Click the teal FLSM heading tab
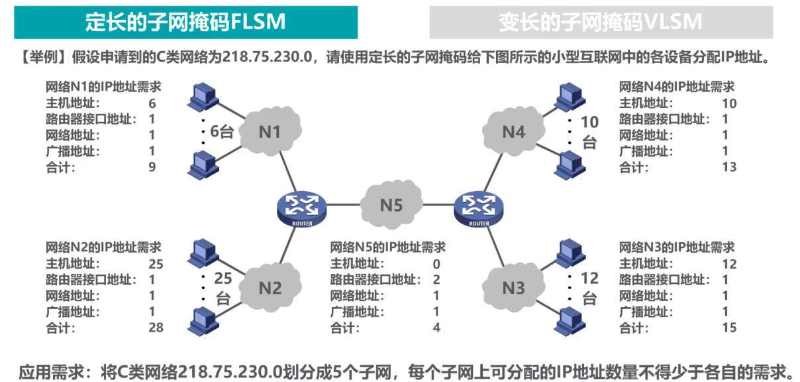[x=185, y=23]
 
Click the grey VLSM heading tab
[x=601, y=23]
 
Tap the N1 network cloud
[x=270, y=132]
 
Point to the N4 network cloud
[x=513, y=132]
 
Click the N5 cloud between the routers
[x=391, y=205]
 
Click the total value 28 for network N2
[x=156, y=328]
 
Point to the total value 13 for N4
[x=729, y=168]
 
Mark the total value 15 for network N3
[x=729, y=328]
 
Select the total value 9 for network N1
[x=152, y=168]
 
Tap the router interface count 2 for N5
[x=436, y=280]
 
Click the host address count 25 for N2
[x=156, y=264]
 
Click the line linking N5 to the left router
[x=343, y=205]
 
